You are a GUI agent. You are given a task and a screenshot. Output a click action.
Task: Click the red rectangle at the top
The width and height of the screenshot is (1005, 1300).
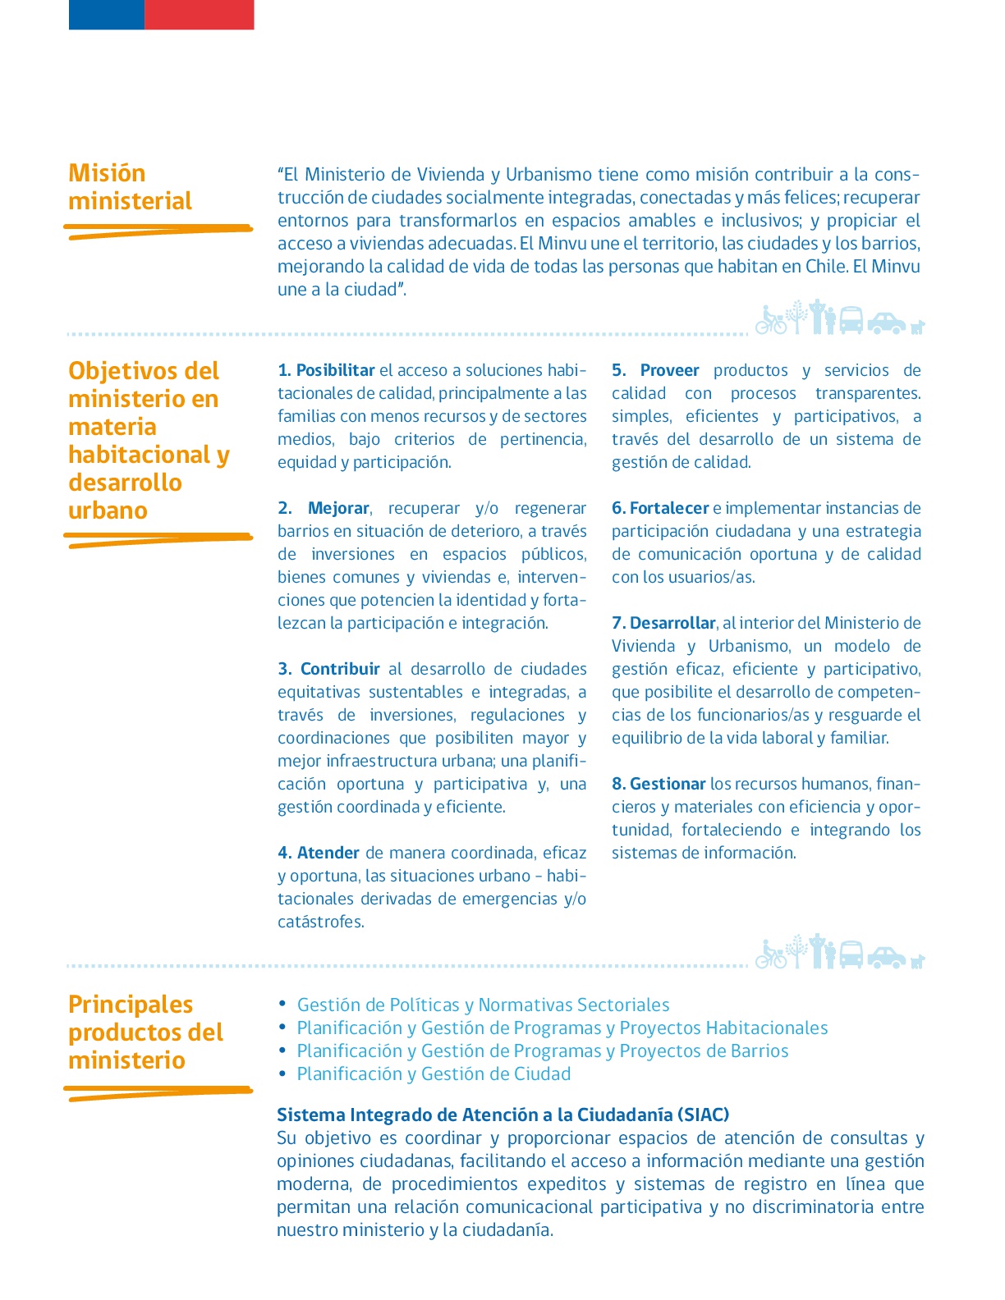pyautogui.click(x=199, y=15)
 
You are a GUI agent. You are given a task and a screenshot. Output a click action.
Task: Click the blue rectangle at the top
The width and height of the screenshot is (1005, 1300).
pyautogui.click(x=107, y=15)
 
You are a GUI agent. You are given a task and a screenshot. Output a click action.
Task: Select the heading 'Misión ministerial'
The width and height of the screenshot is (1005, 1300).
pyautogui.click(x=130, y=187)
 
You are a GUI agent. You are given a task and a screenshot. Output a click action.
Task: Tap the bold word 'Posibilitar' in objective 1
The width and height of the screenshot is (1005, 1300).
pyautogui.click(x=335, y=370)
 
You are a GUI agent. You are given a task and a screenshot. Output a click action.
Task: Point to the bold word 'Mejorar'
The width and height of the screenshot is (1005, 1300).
pyautogui.click(x=338, y=508)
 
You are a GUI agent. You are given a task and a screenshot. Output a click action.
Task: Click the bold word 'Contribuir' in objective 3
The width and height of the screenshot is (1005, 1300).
pyautogui.click(x=340, y=669)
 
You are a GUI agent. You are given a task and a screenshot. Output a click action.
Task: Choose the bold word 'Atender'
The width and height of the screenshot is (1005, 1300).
pyautogui.click(x=328, y=853)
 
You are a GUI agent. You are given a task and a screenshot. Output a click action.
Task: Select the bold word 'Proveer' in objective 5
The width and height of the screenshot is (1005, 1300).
pyautogui.click(x=669, y=370)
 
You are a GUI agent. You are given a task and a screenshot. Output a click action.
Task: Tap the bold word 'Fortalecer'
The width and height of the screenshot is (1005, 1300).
pyautogui.click(x=669, y=508)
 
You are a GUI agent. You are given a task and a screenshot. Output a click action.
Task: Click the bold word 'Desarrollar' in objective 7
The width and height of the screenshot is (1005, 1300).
pyautogui.click(x=672, y=623)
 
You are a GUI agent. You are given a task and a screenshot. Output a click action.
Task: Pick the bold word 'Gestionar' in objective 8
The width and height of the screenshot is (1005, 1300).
pyautogui.click(x=668, y=784)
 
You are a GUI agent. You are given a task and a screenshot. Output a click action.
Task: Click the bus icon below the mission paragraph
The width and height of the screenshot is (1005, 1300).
pyautogui.click(x=851, y=320)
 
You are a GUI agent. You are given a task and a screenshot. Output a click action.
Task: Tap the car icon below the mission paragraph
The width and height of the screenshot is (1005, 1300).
pyautogui.click(x=886, y=323)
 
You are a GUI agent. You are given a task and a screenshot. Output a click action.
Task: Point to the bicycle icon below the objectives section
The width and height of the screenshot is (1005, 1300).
pyautogui.click(x=771, y=955)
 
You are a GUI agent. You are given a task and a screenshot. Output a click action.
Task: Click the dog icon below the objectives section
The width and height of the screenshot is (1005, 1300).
pyautogui.click(x=917, y=960)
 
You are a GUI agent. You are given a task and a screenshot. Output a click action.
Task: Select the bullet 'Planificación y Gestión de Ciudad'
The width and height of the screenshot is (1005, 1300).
pyautogui.click(x=434, y=1073)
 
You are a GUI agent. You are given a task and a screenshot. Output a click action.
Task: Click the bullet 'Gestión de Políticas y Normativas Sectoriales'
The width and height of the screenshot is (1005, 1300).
pyautogui.click(x=483, y=1005)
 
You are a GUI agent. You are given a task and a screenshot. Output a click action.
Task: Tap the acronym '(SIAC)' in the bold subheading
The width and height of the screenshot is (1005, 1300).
pyautogui.click(x=704, y=1115)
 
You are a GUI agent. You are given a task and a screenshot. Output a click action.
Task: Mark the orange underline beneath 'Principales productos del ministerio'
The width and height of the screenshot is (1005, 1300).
pyautogui.click(x=158, y=1092)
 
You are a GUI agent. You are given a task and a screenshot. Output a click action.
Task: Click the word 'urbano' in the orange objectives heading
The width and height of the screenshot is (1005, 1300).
pyautogui.click(x=108, y=510)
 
